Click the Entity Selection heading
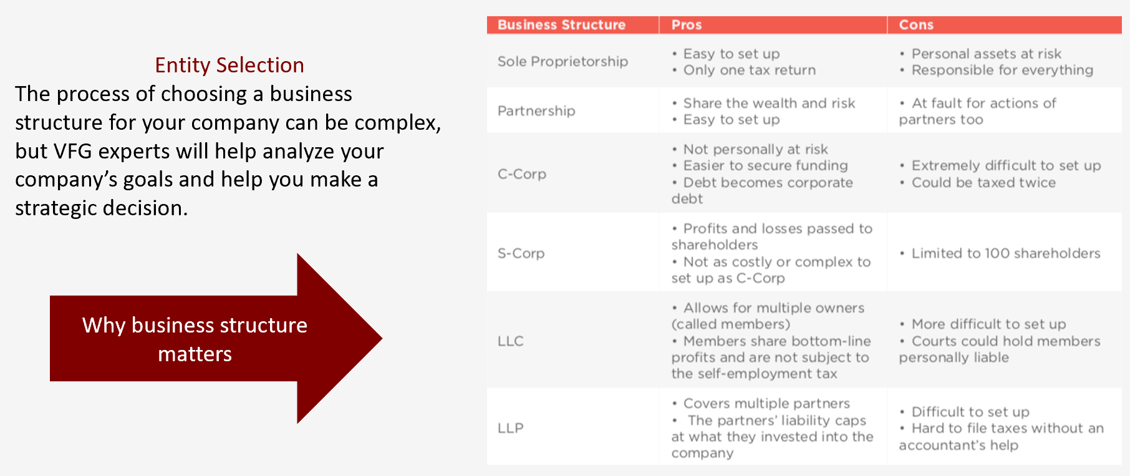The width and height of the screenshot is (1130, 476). (229, 65)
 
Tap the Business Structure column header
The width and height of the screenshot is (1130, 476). (561, 25)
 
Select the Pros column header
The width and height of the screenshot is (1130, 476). (687, 25)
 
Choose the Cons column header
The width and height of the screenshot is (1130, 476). (916, 25)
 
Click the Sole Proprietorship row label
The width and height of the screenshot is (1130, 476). (563, 61)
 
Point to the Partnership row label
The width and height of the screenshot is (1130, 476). (536, 111)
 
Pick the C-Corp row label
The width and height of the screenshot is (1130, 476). (522, 174)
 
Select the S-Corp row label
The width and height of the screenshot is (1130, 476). (521, 253)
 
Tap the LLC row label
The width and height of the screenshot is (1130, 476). (511, 341)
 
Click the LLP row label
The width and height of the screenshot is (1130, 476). (511, 428)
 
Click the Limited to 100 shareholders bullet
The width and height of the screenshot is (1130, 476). (1000, 253)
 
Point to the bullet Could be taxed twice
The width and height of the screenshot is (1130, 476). (978, 183)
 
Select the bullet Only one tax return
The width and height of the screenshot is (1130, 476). (744, 70)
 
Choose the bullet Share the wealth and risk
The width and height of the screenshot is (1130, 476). (764, 103)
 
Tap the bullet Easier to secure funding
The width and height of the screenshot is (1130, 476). (760, 165)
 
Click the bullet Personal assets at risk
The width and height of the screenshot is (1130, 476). (980, 54)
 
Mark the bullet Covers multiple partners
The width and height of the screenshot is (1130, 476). (761, 403)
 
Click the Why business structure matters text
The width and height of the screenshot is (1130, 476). (195, 339)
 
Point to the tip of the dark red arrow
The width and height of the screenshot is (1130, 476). (382, 339)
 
